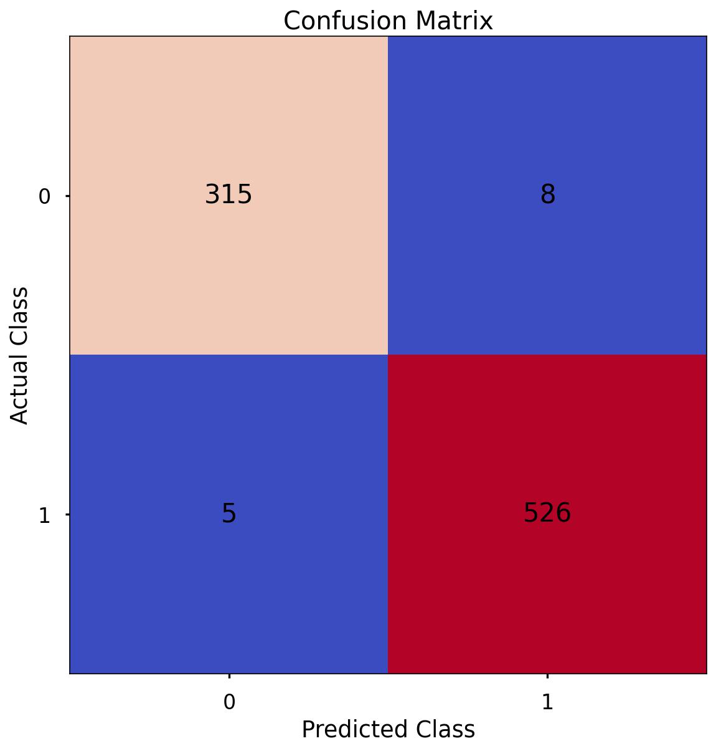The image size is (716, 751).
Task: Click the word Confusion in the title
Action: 346,21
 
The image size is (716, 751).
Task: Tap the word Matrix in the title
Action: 455,21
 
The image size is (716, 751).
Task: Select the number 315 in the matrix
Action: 228,195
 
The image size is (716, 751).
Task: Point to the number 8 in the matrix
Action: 547,195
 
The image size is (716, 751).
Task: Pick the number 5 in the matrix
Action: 228,514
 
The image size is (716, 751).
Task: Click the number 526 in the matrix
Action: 547,513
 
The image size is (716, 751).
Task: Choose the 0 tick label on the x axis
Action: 229,702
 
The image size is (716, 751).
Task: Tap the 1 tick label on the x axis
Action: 547,702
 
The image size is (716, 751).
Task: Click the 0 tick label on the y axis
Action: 44,197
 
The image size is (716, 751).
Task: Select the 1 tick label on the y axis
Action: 44,516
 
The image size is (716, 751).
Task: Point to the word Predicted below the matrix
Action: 356,729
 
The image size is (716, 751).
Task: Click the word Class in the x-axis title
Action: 446,729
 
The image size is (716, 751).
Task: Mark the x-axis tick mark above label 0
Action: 229,676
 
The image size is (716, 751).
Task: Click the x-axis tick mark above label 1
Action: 547,676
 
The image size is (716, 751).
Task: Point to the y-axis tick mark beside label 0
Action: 67,196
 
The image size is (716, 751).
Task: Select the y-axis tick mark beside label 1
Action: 67,514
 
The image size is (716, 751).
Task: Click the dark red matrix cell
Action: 547,592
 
